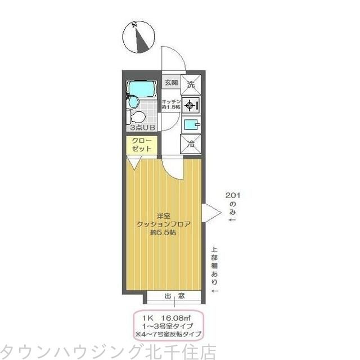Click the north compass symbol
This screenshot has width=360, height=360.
pyautogui.click(x=137, y=38)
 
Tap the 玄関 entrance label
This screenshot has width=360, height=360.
pyautogui.click(x=172, y=83)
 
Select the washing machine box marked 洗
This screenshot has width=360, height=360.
pyautogui.click(x=191, y=84)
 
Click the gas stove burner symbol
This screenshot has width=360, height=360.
pyautogui.click(x=191, y=104)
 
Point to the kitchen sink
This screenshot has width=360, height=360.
pyautogui.click(x=191, y=124)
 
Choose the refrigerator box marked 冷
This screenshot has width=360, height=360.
pyautogui.click(x=191, y=143)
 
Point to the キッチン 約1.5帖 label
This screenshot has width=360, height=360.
pyautogui.click(x=171, y=103)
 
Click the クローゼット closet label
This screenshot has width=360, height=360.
pyautogui.click(x=141, y=145)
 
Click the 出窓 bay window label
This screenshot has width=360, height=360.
pyautogui.click(x=174, y=296)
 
